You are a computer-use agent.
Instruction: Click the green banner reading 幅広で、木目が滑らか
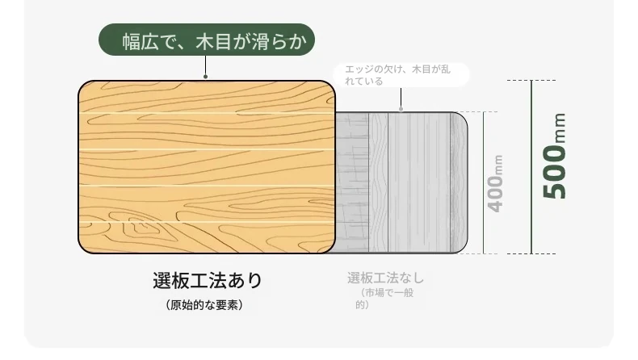point(207,40)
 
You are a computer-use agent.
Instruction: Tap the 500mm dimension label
point(554,157)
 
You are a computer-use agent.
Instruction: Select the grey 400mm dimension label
point(495,183)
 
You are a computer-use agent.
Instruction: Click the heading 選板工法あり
point(208,280)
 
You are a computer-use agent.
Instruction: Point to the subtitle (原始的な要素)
point(204,304)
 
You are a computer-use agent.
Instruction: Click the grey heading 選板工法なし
point(385,278)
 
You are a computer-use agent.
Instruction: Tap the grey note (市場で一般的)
point(384,299)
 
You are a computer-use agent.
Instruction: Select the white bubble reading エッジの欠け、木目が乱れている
point(401,75)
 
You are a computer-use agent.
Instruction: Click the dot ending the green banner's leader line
point(205,77)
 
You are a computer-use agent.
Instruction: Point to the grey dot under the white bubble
point(401,109)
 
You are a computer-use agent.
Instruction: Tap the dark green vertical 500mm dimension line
point(531,167)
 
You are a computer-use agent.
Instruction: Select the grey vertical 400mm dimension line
point(484,182)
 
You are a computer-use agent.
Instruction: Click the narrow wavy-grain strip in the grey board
point(379,182)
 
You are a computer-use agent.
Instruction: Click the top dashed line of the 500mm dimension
point(531,80)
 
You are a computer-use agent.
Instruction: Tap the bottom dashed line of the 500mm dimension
point(531,253)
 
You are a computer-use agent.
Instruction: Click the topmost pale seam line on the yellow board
point(207,113)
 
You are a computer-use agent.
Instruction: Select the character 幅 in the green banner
point(132,41)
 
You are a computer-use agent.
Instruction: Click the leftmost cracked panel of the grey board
point(352,182)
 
